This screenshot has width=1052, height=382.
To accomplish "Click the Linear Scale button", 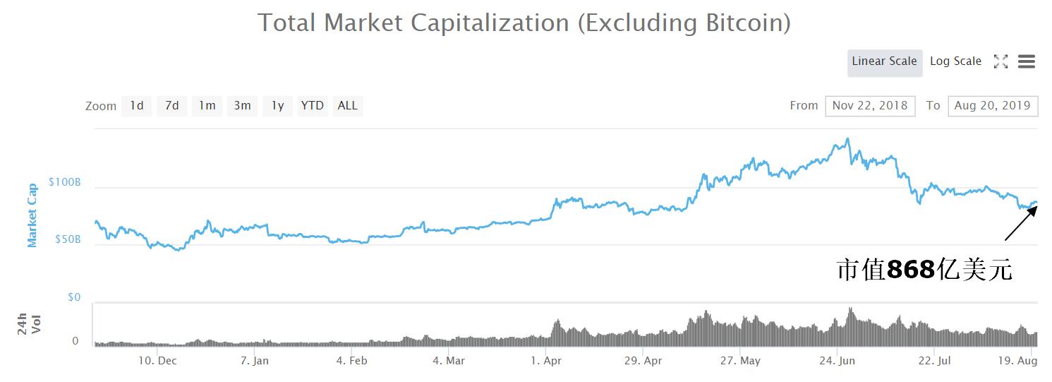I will coord(884,61).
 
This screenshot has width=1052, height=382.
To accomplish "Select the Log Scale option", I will coord(955,61).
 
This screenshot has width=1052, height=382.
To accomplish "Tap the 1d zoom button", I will coord(136,106).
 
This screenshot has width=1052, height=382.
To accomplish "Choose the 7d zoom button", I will coord(171,106).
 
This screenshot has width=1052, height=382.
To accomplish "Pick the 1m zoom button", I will coord(207,106).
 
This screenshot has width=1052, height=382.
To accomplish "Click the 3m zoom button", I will coord(242,106).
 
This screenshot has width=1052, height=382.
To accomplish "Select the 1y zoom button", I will coord(277,106).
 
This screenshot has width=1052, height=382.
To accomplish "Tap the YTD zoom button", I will coord(312,106).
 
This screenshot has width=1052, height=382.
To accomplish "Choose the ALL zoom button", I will coord(347,106).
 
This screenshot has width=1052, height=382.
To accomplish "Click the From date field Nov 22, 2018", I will coord(869,106).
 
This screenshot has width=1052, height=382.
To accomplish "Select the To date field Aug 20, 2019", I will coord(992,106).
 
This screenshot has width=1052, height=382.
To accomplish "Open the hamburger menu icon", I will coord(1027,62).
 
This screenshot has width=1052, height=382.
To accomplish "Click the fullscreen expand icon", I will coord(1000,62).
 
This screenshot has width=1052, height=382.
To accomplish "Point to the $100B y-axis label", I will coord(65,182).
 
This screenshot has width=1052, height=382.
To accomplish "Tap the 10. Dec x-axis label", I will coord(157,361).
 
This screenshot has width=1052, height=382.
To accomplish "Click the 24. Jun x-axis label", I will coord(837,361).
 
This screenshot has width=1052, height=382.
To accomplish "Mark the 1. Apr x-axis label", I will coord(545,361).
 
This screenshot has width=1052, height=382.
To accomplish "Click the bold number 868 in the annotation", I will coord(911,270).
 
